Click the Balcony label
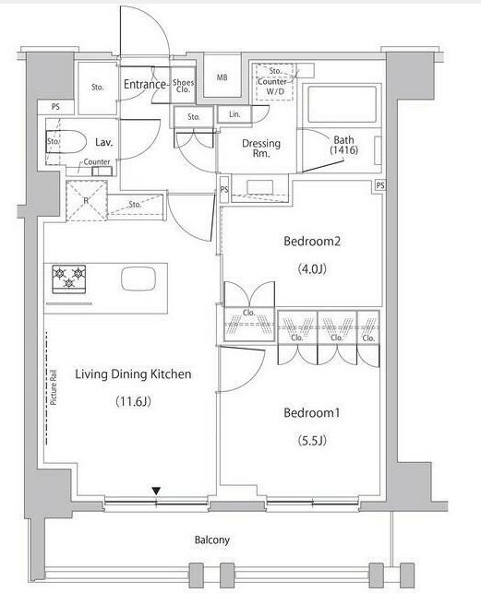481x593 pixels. [x=211, y=540]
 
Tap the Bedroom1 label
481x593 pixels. [x=312, y=412]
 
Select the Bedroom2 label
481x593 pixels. [x=312, y=241]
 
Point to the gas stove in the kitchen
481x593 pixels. [x=69, y=279]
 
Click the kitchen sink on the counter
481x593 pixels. [x=138, y=279]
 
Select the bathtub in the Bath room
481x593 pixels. [x=343, y=104]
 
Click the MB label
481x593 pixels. [x=222, y=77]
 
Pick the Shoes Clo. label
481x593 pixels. [x=183, y=86]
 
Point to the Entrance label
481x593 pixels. [x=145, y=84]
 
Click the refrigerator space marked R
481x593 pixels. [x=87, y=201]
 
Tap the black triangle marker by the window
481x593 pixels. [x=156, y=491]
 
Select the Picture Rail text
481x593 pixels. [x=54, y=387]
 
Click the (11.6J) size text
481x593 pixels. [x=133, y=401]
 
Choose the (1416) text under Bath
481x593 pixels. [x=343, y=150]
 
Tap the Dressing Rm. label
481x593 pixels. [x=261, y=148]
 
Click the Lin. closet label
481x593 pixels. [x=234, y=113]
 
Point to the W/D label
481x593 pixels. [x=275, y=91]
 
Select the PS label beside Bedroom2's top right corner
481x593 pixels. [x=380, y=185]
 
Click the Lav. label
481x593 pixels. [x=103, y=142]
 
